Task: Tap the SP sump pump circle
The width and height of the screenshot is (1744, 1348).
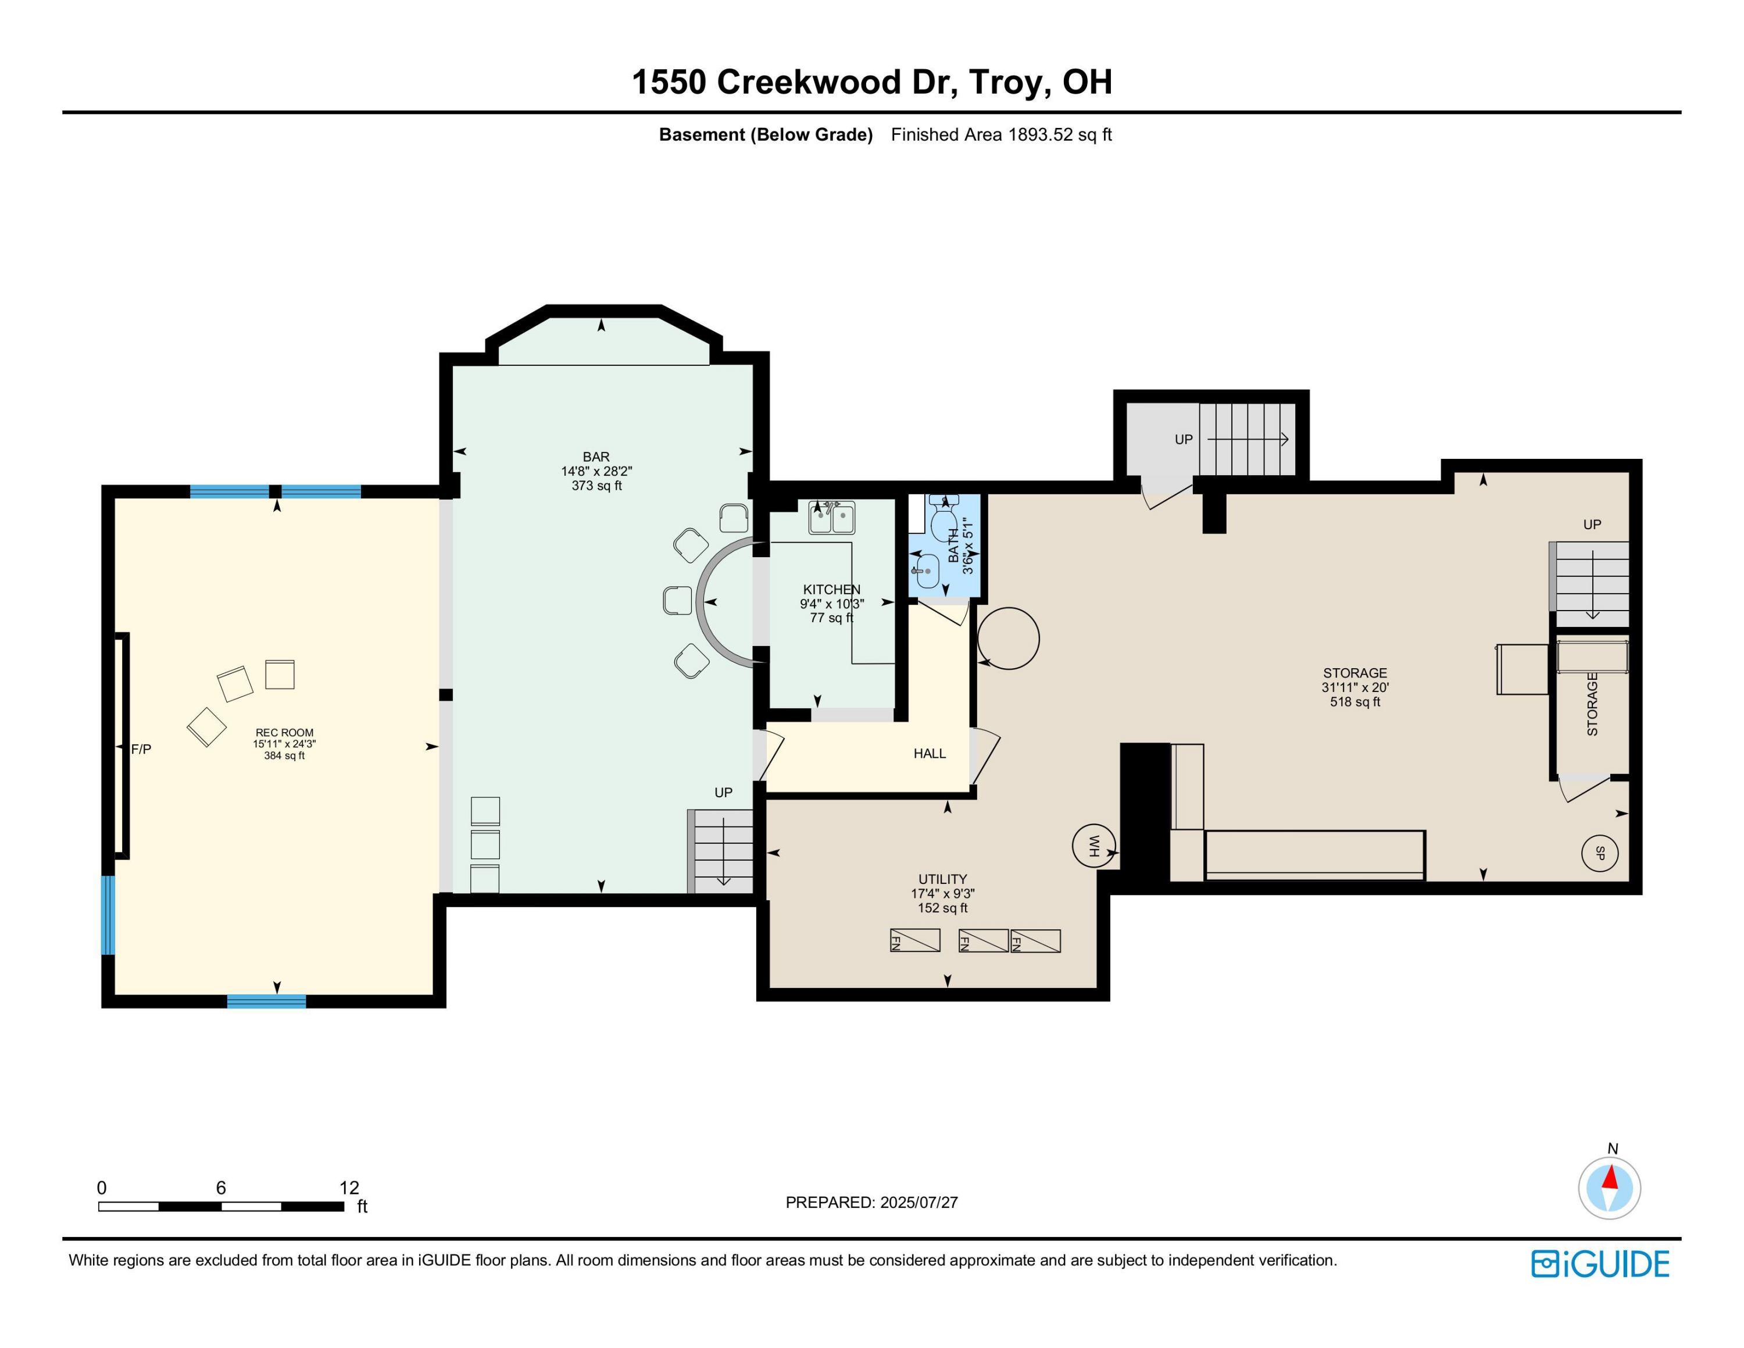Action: (1599, 853)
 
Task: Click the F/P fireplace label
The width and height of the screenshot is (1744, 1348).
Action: (141, 749)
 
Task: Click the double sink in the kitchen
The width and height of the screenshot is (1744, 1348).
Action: (831, 518)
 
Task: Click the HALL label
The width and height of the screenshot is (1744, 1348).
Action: (930, 753)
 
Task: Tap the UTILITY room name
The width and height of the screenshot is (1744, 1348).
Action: (942, 879)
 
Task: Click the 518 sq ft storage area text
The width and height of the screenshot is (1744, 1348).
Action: (1355, 702)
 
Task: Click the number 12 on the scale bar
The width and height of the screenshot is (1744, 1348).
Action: (349, 1187)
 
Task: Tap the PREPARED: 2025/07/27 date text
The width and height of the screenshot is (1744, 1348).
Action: (871, 1202)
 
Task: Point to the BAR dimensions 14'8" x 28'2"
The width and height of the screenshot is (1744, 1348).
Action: (596, 471)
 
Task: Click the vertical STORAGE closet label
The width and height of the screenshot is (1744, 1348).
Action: (1592, 704)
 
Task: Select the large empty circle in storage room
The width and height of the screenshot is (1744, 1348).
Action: (1008, 638)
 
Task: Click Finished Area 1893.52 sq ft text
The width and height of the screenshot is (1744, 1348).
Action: (1002, 134)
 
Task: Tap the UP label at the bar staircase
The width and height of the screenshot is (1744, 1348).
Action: (723, 792)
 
